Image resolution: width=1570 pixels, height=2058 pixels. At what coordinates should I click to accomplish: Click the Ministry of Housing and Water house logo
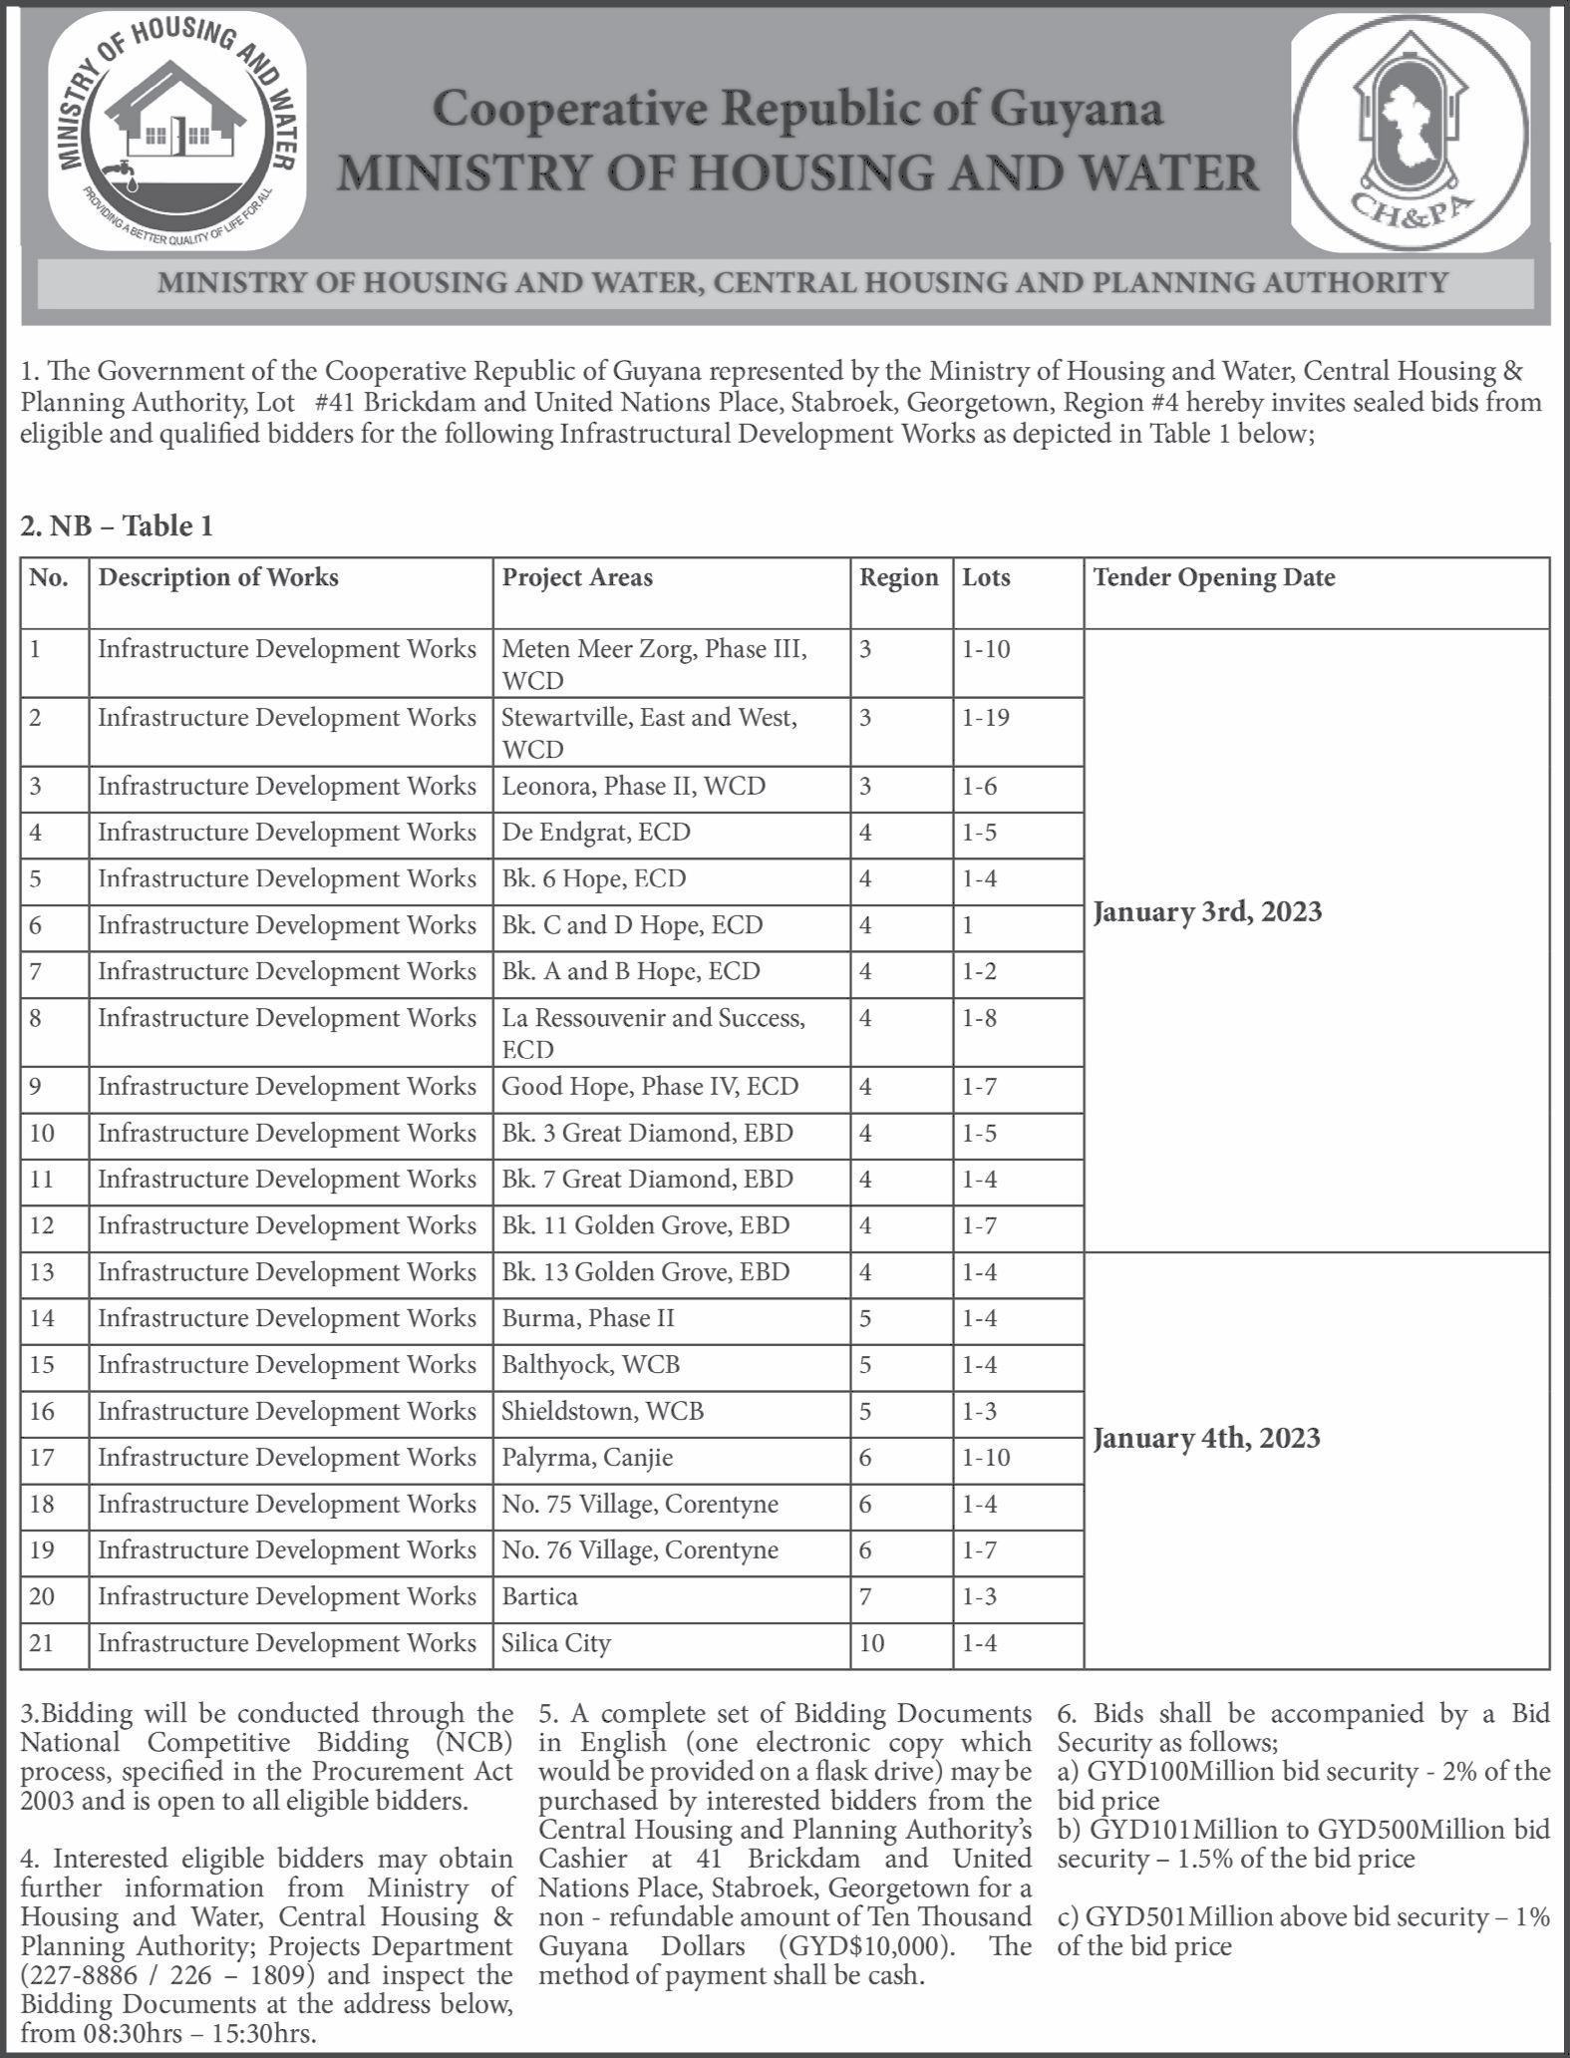click(177, 131)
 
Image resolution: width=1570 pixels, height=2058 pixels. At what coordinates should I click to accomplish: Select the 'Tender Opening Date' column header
click(1213, 578)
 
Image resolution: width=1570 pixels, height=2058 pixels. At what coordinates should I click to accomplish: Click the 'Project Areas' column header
click(577, 578)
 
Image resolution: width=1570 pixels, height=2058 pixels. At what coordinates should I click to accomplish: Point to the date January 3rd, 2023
click(1207, 912)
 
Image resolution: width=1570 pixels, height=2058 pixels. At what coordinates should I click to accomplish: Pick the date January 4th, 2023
click(1206, 1438)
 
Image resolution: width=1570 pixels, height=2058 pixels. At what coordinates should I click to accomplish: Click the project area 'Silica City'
click(555, 1642)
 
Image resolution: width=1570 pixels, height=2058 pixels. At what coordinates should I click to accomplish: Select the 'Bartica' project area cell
click(539, 1596)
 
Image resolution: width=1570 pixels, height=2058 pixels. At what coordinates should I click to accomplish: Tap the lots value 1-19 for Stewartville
click(986, 718)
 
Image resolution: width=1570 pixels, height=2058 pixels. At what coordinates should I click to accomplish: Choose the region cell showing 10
click(871, 1642)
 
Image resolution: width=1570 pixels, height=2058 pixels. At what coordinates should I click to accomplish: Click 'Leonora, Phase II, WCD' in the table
click(633, 787)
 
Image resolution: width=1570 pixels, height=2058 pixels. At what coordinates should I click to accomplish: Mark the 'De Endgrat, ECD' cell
click(595, 833)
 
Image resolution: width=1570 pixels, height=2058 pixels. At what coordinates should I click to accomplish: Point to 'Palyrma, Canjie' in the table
click(587, 1458)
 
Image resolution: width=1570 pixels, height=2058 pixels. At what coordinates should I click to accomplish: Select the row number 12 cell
click(42, 1225)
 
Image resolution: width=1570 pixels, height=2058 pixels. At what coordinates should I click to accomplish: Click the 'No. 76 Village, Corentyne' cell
click(640, 1550)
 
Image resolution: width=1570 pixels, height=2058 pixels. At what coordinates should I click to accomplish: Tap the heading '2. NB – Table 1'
click(117, 525)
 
